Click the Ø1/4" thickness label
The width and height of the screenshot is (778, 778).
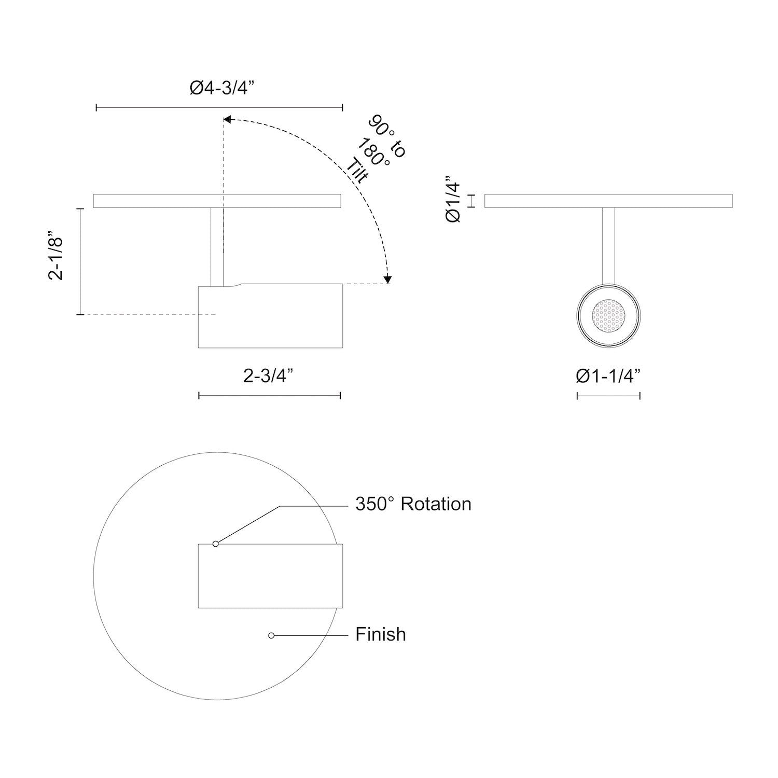453,201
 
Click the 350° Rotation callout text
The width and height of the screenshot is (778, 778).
413,504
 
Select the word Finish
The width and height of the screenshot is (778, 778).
380,634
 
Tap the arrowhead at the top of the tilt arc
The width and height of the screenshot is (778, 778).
227,120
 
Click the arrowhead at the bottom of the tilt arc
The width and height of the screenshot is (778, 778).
387,280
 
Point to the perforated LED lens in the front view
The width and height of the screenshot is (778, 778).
608,315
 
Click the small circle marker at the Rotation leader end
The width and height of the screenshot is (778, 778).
216,544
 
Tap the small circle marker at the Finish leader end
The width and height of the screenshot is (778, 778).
271,635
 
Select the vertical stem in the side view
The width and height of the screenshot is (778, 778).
217,246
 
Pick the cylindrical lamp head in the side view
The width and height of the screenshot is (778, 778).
270,316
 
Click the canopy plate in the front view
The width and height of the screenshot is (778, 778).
608,201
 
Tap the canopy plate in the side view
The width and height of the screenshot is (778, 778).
156,201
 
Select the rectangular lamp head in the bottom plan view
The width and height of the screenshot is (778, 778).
270,576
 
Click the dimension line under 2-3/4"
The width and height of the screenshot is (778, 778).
270,396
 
